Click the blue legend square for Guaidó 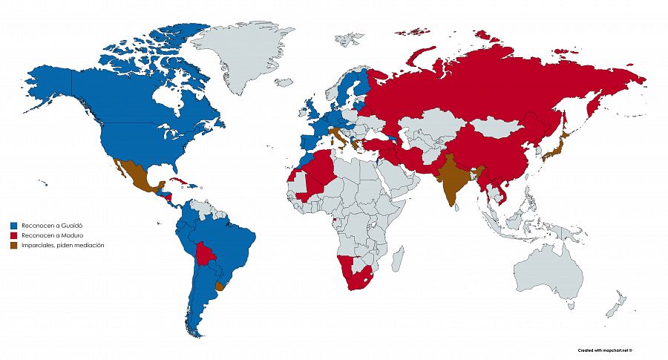(13, 224)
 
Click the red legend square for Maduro (13, 235)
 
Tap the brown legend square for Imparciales (13, 245)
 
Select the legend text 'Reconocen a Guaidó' (49, 224)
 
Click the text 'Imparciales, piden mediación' (62, 245)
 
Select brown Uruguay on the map (218, 286)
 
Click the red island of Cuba (176, 182)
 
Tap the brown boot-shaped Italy (336, 137)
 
